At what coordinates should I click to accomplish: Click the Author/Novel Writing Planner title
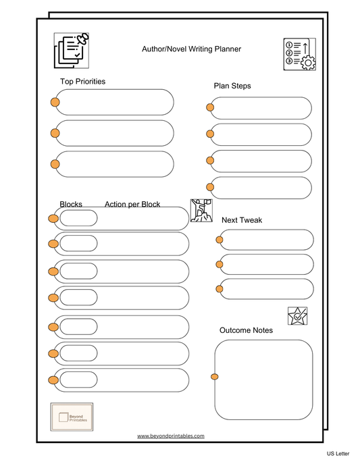(x=191, y=49)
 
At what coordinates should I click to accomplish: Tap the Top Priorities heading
(x=82, y=82)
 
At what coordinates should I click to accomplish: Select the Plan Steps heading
(x=232, y=86)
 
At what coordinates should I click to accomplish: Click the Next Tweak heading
(x=242, y=220)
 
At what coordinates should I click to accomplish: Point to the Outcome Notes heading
(x=246, y=330)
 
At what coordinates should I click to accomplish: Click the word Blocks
(x=71, y=204)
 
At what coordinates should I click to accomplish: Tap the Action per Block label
(x=132, y=204)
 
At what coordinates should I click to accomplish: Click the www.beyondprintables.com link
(x=170, y=436)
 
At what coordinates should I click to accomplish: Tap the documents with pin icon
(x=72, y=51)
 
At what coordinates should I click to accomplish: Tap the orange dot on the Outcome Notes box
(x=215, y=376)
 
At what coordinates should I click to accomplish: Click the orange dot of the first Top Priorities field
(x=55, y=103)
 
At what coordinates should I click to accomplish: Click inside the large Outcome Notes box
(x=264, y=379)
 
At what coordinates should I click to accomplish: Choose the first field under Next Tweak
(x=267, y=240)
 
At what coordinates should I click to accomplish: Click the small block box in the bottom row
(x=78, y=380)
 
